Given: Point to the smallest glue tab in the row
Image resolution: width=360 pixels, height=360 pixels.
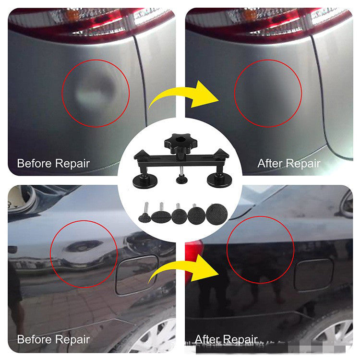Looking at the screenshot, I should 144,217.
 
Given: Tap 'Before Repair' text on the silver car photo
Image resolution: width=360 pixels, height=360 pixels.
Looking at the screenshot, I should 53,163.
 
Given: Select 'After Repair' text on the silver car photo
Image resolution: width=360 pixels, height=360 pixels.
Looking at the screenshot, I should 288,163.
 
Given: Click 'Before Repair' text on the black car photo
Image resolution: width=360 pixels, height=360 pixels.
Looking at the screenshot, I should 53,339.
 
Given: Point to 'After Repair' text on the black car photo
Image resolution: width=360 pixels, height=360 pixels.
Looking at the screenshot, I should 226,339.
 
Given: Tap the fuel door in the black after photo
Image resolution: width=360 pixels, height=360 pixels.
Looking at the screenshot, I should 313,274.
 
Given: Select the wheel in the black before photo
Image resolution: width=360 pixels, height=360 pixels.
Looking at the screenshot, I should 151,336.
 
